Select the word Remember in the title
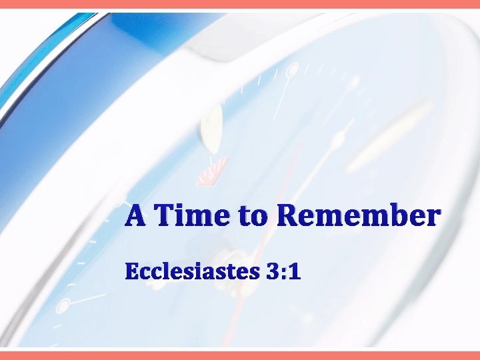(x=358, y=216)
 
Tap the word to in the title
(x=250, y=217)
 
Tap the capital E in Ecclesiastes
(x=131, y=272)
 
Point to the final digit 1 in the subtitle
(x=293, y=272)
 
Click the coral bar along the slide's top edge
(x=240, y=4)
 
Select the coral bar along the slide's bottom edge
(x=240, y=355)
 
